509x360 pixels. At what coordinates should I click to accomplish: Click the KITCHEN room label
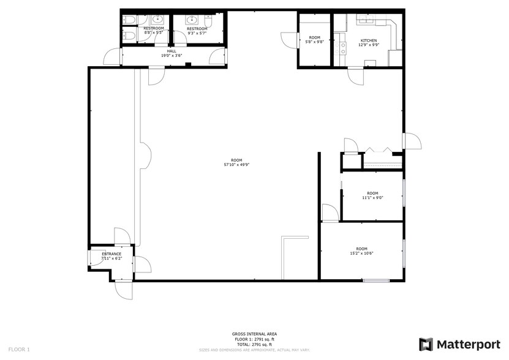[369, 40]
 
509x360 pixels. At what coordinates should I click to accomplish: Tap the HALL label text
[172, 51]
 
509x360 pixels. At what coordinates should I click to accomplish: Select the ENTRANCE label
[111, 253]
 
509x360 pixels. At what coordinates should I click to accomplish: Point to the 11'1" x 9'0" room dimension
[372, 197]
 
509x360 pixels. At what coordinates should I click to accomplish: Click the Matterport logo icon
[426, 343]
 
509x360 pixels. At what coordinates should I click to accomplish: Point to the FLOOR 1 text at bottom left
[18, 349]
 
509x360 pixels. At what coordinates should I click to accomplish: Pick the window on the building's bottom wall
[376, 280]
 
